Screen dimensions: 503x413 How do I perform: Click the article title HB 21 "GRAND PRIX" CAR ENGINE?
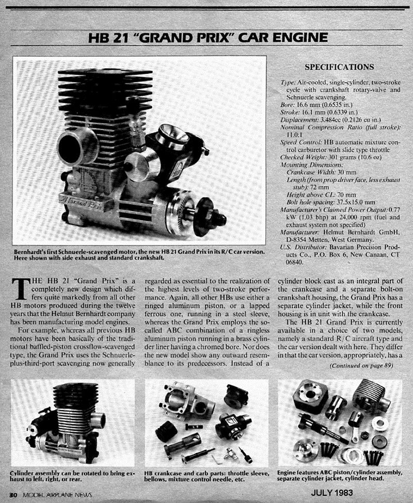tap(208, 38)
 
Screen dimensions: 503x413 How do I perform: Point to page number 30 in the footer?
tap(13, 494)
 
